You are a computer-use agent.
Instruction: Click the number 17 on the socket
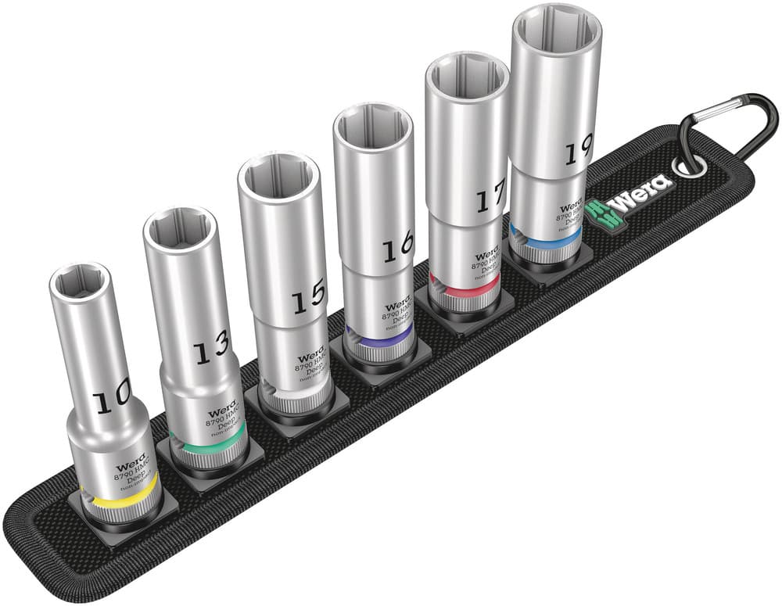tap(490, 199)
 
